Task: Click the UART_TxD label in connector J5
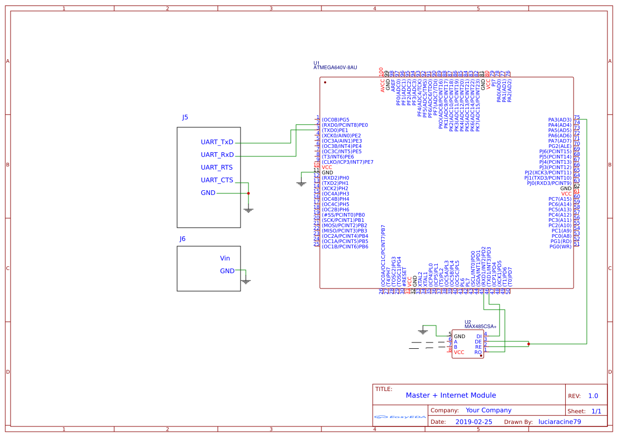coord(217,142)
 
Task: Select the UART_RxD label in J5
coord(217,155)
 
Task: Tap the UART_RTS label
coord(217,168)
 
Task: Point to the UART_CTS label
coord(217,180)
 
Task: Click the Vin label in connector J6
coord(225,258)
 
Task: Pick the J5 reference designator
coord(185,117)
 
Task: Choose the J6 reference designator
coord(182,239)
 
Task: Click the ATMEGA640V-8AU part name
coord(335,68)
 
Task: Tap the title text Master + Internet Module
coord(450,395)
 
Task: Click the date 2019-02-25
coord(473,422)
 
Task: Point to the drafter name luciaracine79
coord(559,422)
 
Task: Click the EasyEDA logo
coord(400,417)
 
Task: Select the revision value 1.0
coord(593,396)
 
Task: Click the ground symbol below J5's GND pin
coord(248,210)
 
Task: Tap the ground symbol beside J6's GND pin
coord(245,281)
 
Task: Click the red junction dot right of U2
coord(529,344)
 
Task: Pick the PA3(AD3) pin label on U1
coord(559,120)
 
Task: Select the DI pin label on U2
coord(478,337)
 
